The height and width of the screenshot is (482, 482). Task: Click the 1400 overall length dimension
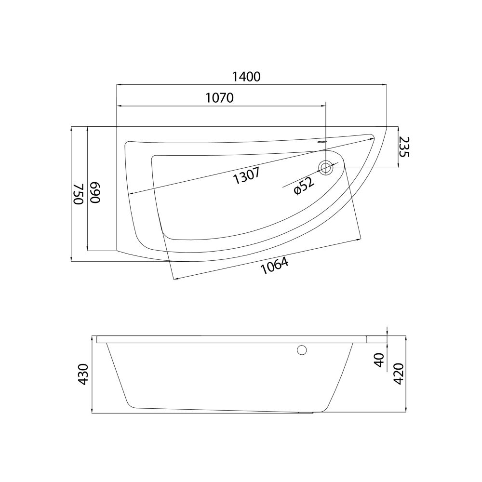pos(246,77)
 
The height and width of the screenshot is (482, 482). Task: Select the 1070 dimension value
pos(219,98)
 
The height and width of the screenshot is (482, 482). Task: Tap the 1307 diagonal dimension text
pos(246,175)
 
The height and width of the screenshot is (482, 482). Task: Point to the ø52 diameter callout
pos(304,186)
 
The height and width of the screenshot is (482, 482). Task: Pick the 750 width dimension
pos(79,194)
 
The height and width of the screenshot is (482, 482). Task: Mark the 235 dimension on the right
pos(404,147)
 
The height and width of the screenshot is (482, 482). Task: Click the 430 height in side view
pos(83,374)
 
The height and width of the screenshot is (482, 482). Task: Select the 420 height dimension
pos(399,374)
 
